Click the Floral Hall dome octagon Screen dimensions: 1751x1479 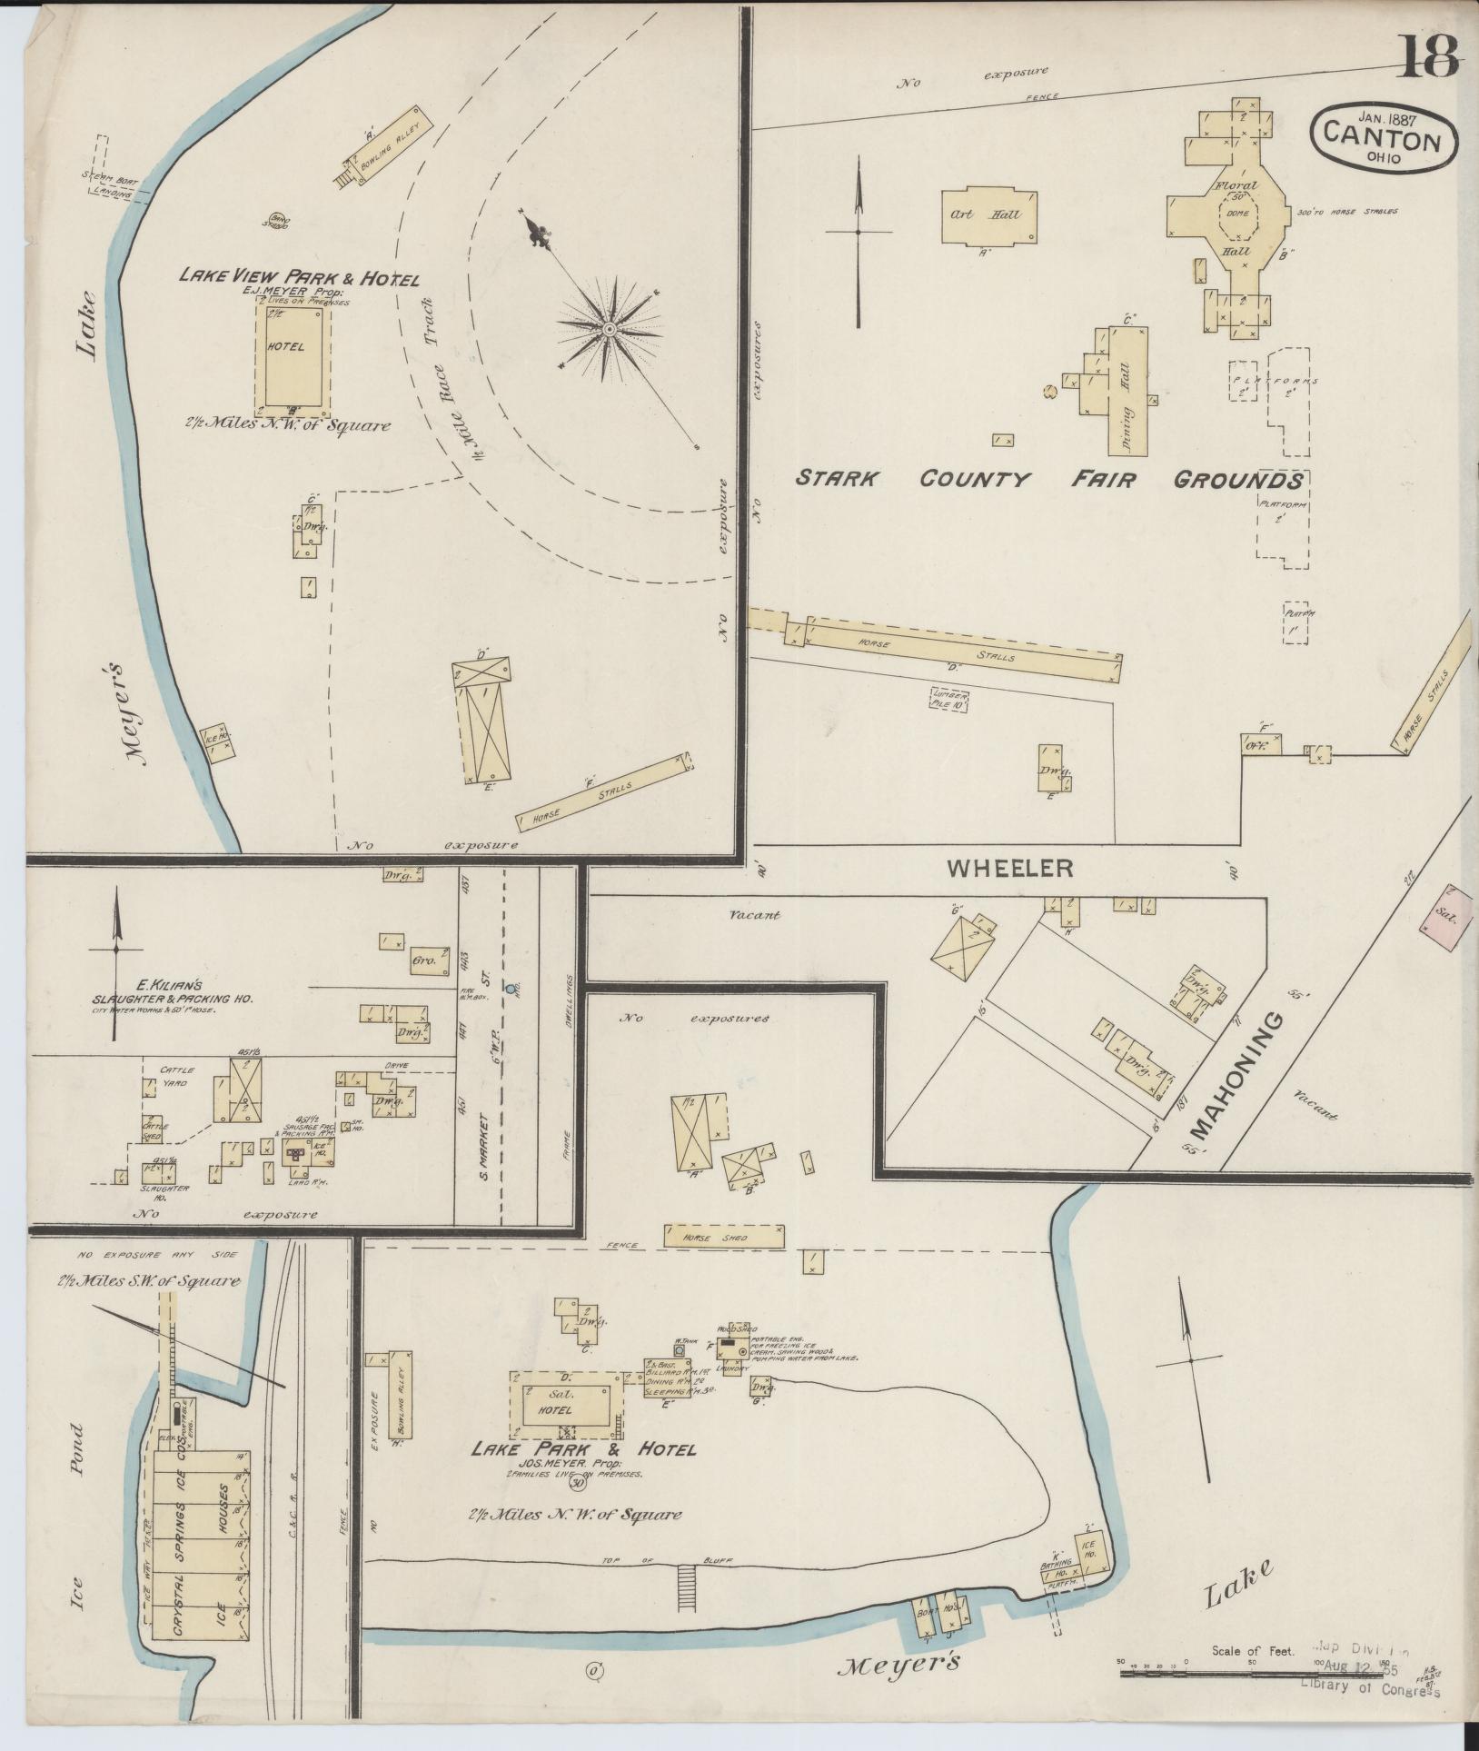pyautogui.click(x=1238, y=214)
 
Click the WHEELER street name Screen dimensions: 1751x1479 pyautogui.click(x=1009, y=869)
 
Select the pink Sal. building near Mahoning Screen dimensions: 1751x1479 pyautogui.click(x=1443, y=918)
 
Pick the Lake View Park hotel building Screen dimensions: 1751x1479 pyautogui.click(x=293, y=356)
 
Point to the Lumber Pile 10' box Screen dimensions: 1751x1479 pyautogui.click(x=949, y=699)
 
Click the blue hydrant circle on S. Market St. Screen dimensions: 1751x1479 pyautogui.click(x=511, y=987)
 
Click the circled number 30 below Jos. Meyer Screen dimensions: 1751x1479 pyautogui.click(x=577, y=1482)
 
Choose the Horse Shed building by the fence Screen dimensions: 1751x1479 pyautogui.click(x=723, y=1236)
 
